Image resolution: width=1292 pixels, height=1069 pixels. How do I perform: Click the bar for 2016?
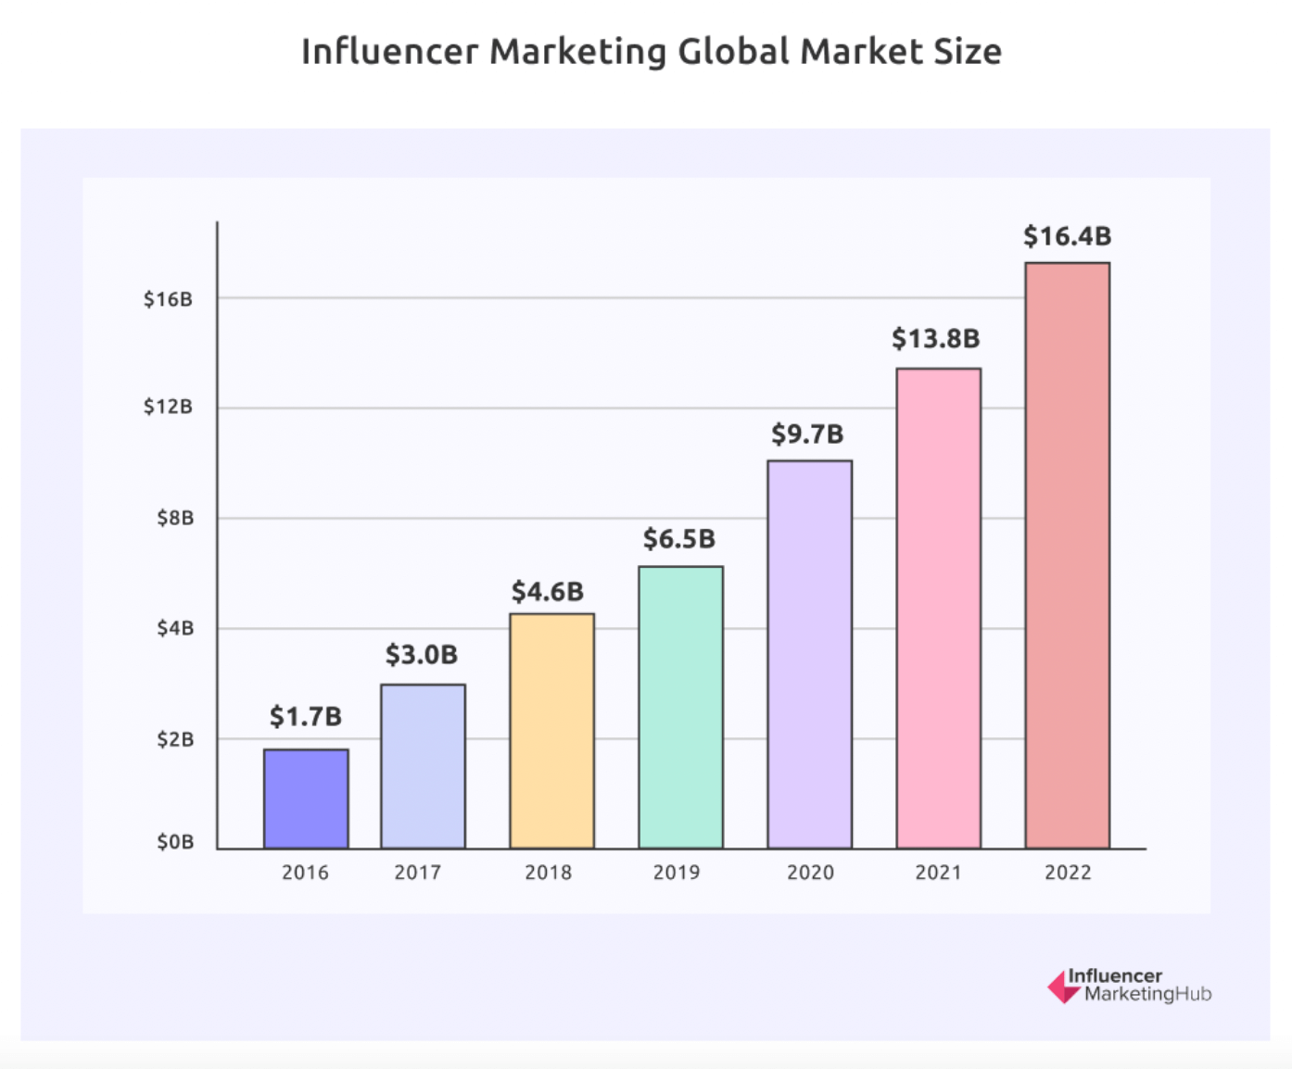click(306, 799)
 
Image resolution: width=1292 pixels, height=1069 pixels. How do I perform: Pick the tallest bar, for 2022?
click(1067, 555)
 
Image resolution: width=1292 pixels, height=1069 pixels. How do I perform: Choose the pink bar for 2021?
click(938, 608)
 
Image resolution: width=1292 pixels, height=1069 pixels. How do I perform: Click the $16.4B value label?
click(1067, 236)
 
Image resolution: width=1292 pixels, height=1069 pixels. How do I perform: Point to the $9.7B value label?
click(807, 434)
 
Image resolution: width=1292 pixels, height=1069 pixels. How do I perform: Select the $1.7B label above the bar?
click(306, 716)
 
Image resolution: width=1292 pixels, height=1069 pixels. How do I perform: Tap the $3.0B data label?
click(422, 655)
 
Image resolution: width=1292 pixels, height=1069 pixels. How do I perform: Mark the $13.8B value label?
click(935, 338)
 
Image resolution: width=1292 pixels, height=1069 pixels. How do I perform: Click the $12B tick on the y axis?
click(168, 407)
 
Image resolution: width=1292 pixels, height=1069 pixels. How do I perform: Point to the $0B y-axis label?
click(175, 842)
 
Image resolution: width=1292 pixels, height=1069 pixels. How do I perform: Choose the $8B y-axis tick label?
click(175, 518)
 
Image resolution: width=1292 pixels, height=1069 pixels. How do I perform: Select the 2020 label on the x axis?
click(810, 873)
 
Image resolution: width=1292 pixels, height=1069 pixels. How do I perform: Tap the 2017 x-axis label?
click(417, 873)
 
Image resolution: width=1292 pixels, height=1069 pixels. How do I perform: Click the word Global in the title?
click(734, 52)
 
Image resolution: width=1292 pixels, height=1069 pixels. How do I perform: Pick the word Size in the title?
click(968, 52)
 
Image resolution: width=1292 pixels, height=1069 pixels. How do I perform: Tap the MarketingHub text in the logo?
click(1147, 995)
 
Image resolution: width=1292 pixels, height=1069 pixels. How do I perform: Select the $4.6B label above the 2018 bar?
click(548, 591)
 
